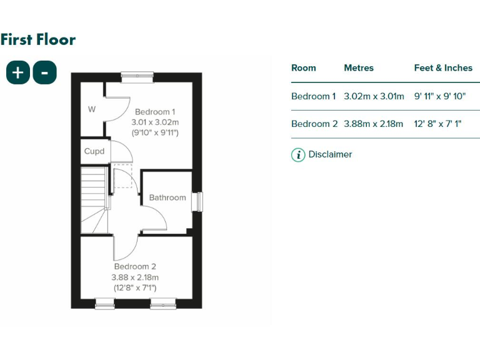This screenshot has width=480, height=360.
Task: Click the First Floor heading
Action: pyautogui.click(x=38, y=40)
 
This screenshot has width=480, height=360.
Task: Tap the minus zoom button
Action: pyautogui.click(x=44, y=72)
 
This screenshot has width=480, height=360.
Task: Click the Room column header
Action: pyautogui.click(x=304, y=68)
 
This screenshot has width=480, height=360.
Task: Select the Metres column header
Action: pyautogui.click(x=359, y=68)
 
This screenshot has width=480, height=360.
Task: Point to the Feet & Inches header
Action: pyautogui.click(x=443, y=68)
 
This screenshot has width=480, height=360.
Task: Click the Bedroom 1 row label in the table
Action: pyautogui.click(x=314, y=96)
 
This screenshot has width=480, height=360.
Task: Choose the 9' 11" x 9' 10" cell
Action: pyautogui.click(x=440, y=96)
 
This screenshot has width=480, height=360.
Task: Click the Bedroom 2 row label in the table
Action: pyautogui.click(x=314, y=124)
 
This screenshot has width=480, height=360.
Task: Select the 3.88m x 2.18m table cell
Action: pyautogui.click(x=374, y=124)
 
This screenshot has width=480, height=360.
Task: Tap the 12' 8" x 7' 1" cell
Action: pyautogui.click(x=437, y=124)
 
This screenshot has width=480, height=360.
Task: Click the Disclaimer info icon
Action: pyautogui.click(x=298, y=154)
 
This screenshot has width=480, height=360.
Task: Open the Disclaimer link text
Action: pyautogui.click(x=330, y=154)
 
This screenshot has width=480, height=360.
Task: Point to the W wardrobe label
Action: pyautogui.click(x=92, y=109)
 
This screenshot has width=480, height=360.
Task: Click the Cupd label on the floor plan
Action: pyautogui.click(x=94, y=151)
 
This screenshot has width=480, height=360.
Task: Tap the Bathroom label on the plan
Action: pyautogui.click(x=167, y=197)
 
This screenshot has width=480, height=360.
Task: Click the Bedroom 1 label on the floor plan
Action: pyautogui.click(x=155, y=112)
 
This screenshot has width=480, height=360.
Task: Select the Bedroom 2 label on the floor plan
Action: pyautogui.click(x=135, y=267)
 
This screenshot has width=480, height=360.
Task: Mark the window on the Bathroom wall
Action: pyautogui.click(x=198, y=202)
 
